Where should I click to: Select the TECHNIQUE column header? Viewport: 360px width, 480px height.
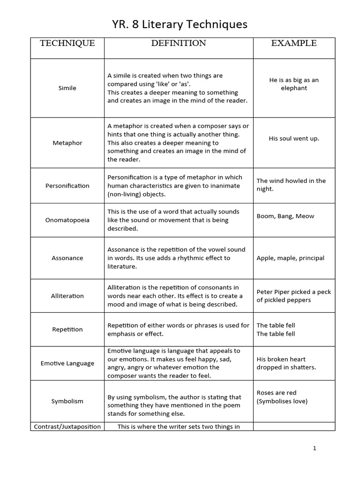[x=67, y=44]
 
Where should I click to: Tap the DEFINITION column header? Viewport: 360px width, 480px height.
[x=179, y=44]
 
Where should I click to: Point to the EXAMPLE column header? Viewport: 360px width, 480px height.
[x=294, y=44]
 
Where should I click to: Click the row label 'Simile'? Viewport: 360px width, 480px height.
[x=67, y=88]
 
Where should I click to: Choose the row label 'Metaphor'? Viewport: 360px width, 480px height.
[x=67, y=143]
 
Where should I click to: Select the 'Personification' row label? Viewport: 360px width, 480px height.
[x=67, y=186]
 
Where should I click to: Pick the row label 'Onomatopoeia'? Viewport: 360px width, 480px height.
[x=67, y=220]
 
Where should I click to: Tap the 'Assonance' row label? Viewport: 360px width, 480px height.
[x=67, y=258]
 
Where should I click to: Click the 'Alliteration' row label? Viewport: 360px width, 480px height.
[x=67, y=296]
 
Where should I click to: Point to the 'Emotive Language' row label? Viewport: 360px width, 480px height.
[x=67, y=363]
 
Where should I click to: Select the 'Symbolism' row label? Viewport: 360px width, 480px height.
[x=67, y=401]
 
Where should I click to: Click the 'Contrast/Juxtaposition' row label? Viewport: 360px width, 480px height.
[x=67, y=427]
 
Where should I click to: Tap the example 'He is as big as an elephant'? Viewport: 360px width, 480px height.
[x=294, y=84]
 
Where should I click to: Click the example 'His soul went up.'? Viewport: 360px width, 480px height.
[x=294, y=139]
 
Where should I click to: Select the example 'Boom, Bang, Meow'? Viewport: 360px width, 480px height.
[x=285, y=216]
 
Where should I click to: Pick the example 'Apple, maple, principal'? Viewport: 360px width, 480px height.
[x=290, y=258]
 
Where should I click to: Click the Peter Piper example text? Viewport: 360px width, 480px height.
[x=293, y=296]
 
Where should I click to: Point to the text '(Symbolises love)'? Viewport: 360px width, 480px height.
[x=282, y=401]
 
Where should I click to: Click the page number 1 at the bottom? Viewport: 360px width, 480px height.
[x=315, y=448]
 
